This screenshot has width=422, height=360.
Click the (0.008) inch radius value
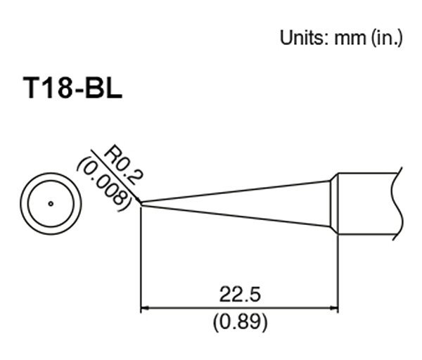pyautogui.click(x=103, y=182)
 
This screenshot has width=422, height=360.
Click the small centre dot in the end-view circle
pyautogui.click(x=51, y=205)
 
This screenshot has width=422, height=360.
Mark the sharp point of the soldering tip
pyautogui.click(x=142, y=204)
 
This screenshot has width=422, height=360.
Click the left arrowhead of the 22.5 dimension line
pyautogui.click(x=146, y=308)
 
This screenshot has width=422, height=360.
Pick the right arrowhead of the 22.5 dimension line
pyautogui.click(x=334, y=308)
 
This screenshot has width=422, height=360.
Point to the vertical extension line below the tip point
pyautogui.click(x=141, y=260)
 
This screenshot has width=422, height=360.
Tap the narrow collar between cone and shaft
pyautogui.click(x=334, y=204)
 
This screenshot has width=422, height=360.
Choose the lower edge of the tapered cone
pyautogui.click(x=239, y=214)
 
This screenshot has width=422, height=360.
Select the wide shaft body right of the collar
pyautogui.click(x=366, y=204)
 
